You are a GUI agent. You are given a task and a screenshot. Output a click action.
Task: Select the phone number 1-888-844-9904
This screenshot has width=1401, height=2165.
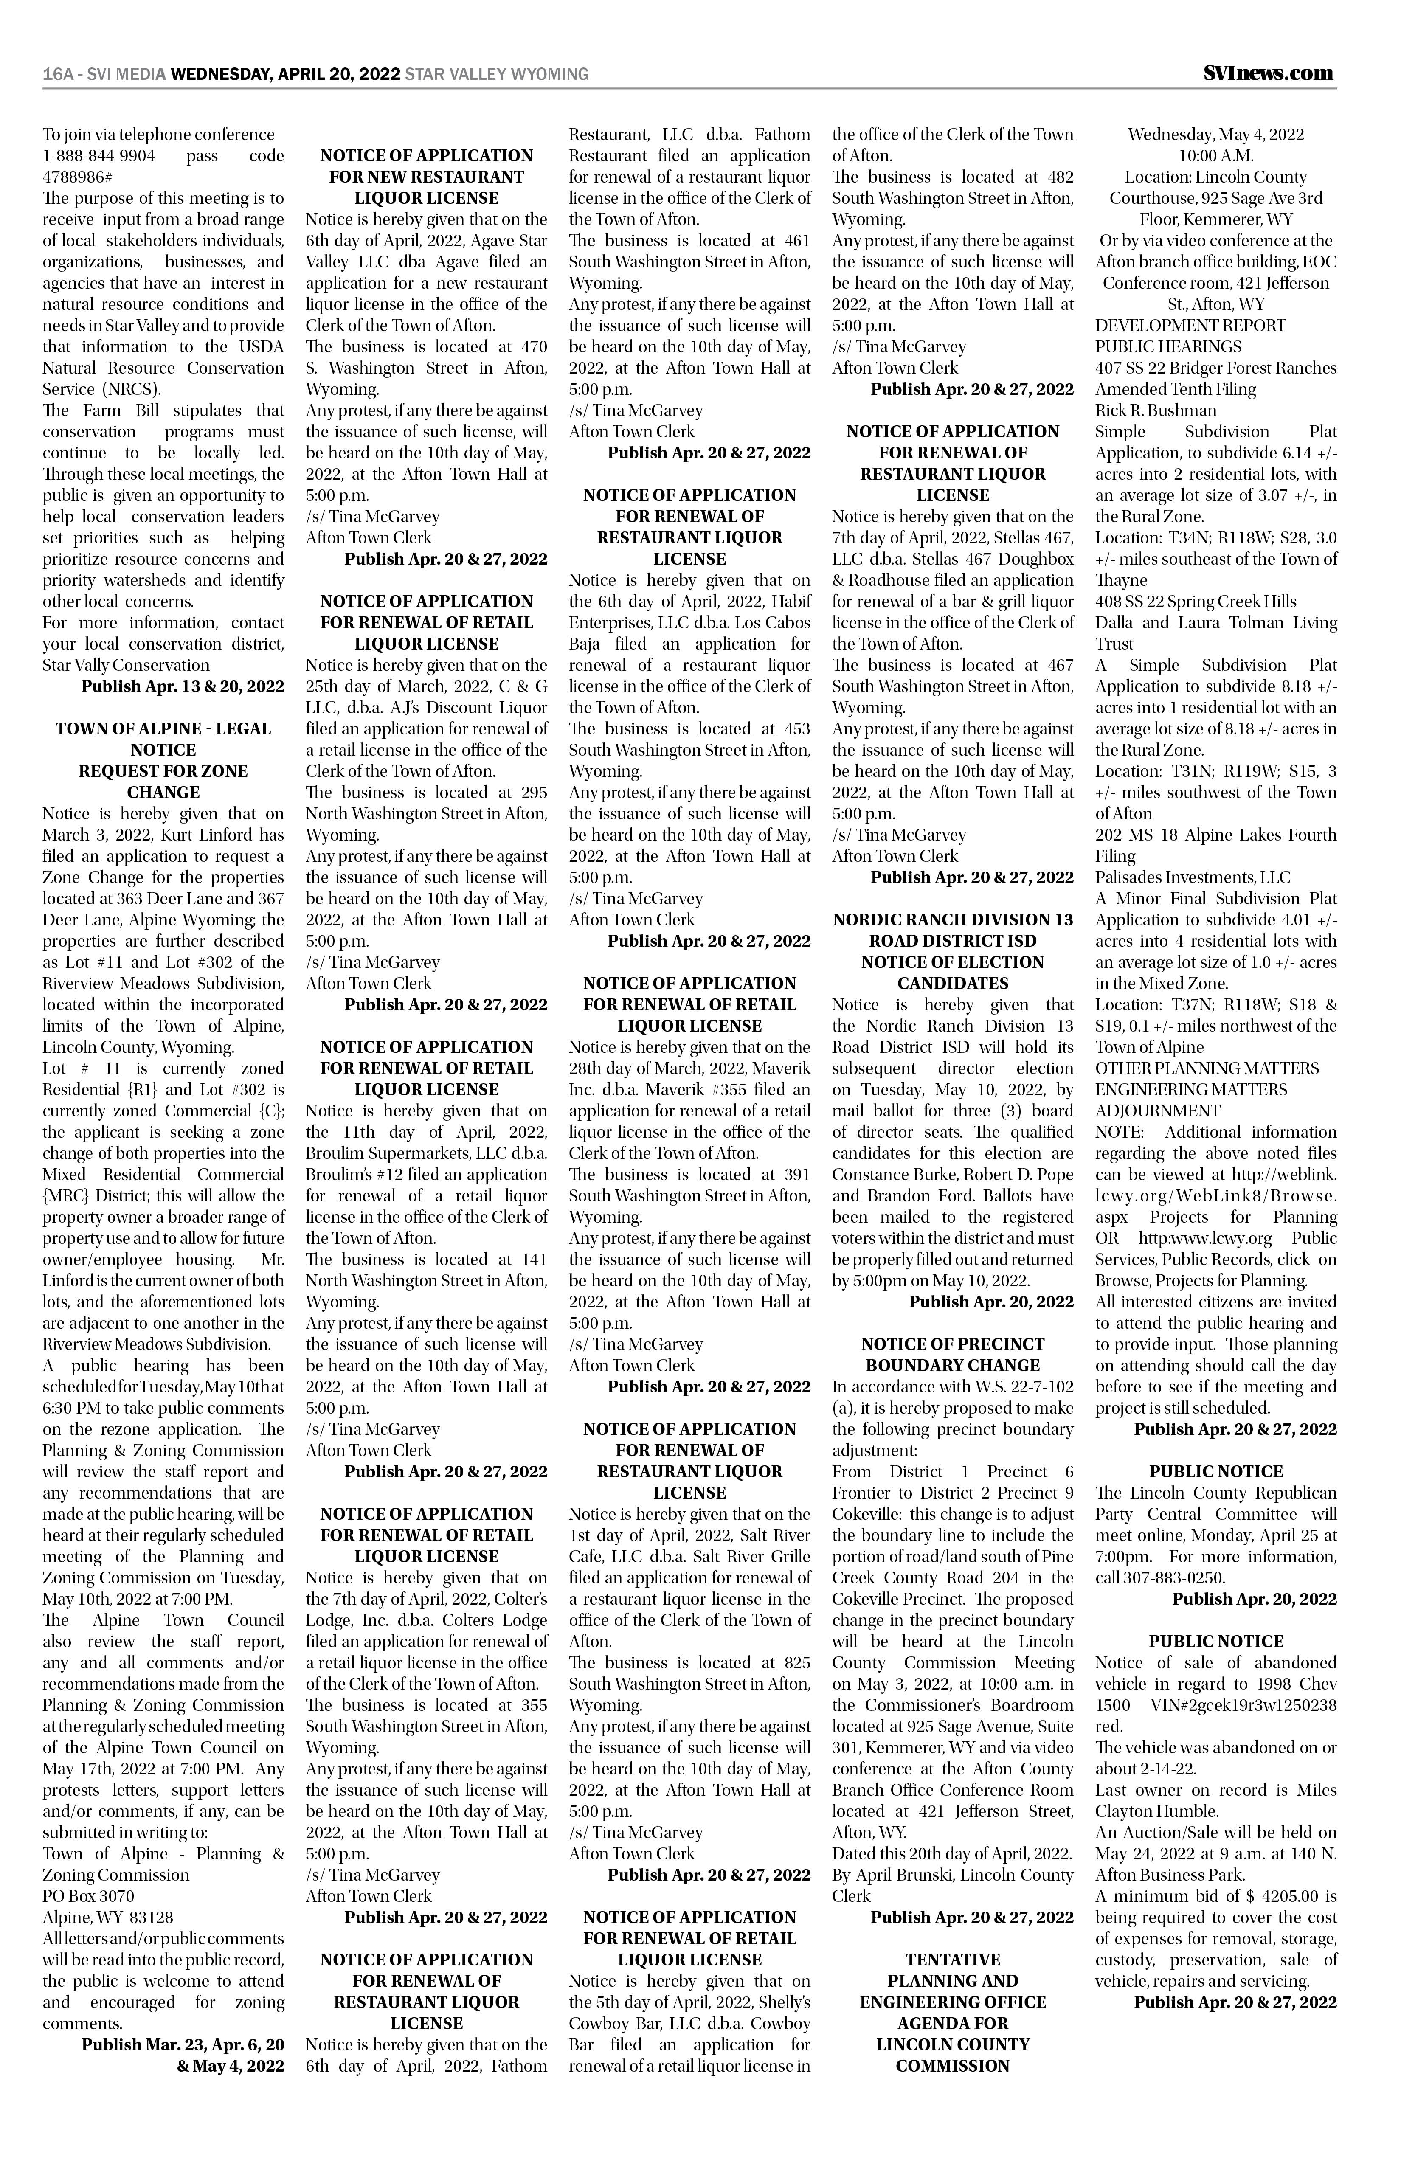[x=98, y=155]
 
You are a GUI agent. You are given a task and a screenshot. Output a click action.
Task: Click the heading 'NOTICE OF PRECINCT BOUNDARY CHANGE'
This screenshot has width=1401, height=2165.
[x=953, y=1354]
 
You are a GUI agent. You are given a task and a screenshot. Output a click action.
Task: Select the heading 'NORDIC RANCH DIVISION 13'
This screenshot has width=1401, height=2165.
[x=953, y=919]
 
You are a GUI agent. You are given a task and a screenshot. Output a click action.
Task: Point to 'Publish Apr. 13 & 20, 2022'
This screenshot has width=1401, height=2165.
[x=182, y=686]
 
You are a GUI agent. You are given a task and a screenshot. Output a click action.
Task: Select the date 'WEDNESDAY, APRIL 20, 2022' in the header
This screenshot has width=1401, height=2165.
[x=286, y=75]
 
